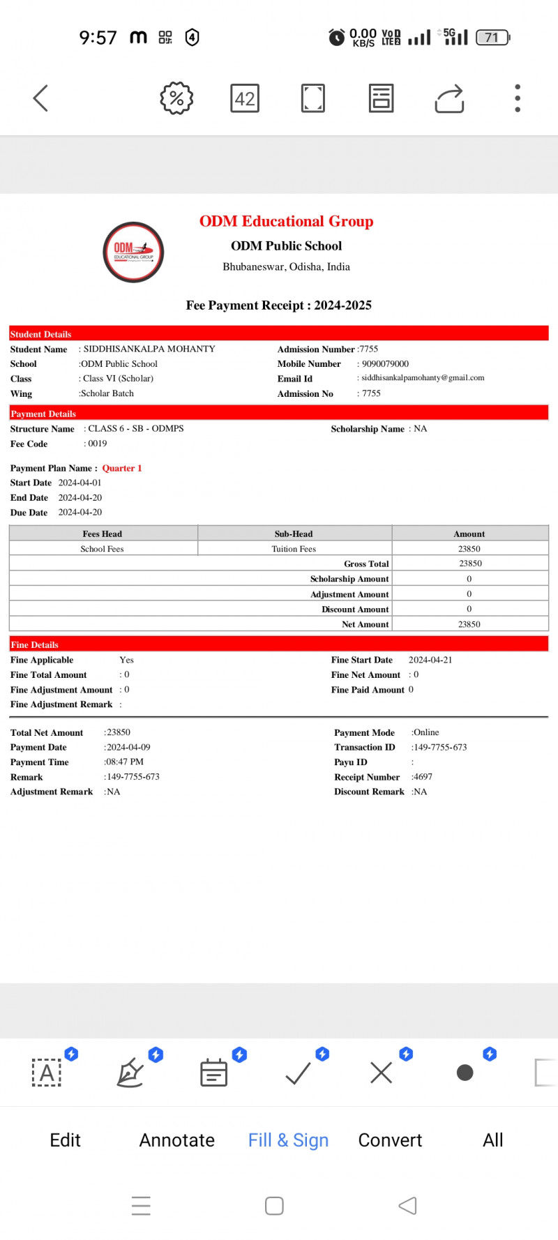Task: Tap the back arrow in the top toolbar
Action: click(x=41, y=98)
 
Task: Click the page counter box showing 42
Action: click(x=245, y=98)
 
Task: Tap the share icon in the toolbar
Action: click(x=449, y=98)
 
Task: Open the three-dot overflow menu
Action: click(x=518, y=98)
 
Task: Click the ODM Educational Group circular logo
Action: click(x=133, y=252)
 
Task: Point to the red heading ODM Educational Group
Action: click(x=286, y=221)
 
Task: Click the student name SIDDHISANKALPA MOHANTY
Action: click(x=149, y=349)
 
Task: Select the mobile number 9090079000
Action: click(x=385, y=364)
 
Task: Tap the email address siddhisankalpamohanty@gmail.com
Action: click(x=423, y=378)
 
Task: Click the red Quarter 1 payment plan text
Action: click(x=122, y=469)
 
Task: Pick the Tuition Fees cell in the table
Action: click(x=294, y=549)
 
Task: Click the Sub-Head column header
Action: click(x=294, y=534)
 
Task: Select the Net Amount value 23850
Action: click(x=469, y=624)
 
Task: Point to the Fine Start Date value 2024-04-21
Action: click(x=430, y=660)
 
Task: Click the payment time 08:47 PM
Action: click(x=125, y=762)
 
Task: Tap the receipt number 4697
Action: click(x=423, y=777)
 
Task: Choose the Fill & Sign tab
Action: click(x=288, y=1140)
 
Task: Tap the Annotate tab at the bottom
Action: click(x=177, y=1140)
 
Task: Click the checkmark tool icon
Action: click(x=298, y=1073)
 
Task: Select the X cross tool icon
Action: click(x=382, y=1073)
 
